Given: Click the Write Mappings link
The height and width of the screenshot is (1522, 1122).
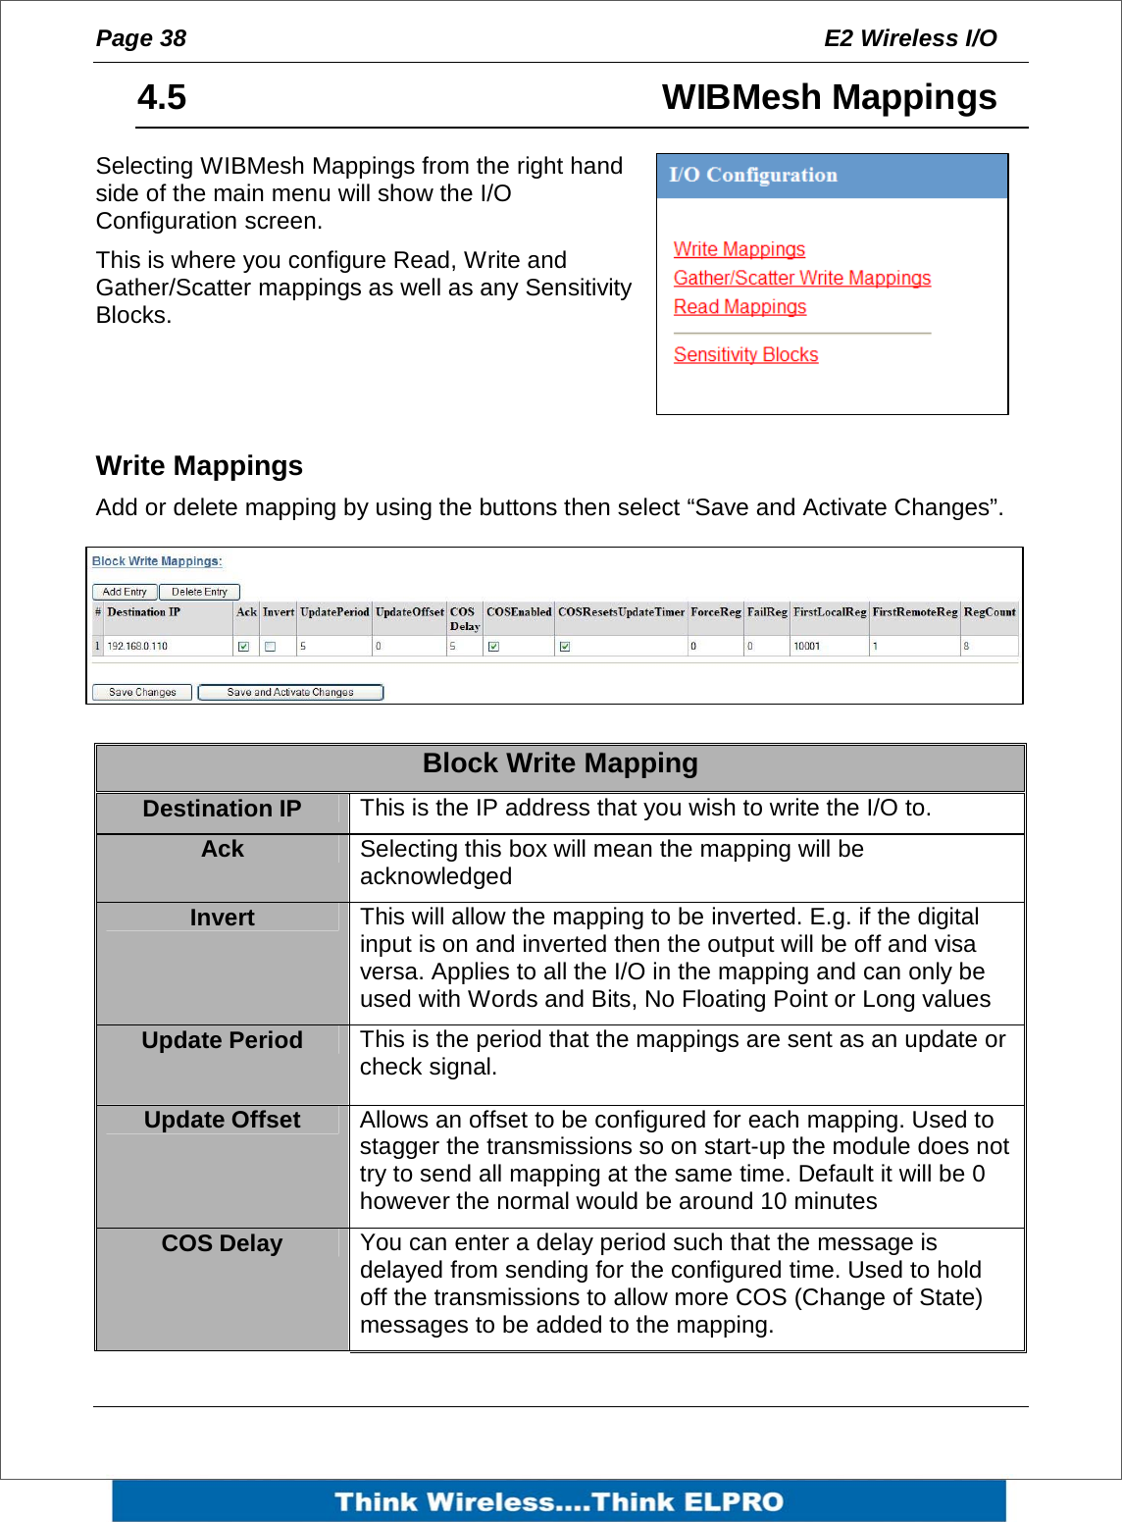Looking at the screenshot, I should point(739,249).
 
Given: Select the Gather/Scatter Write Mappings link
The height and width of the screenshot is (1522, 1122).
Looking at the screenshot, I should point(801,278).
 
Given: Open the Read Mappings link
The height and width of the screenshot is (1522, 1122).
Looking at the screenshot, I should point(739,307).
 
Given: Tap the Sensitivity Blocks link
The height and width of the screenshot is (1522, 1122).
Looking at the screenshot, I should point(745,355).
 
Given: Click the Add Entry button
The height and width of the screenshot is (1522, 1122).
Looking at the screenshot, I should point(125,592).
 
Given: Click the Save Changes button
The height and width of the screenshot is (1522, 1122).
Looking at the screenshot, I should point(142,692).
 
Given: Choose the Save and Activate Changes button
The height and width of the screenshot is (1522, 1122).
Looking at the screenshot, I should point(290,692).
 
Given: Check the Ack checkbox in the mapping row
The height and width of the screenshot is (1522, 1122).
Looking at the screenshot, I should point(243,647).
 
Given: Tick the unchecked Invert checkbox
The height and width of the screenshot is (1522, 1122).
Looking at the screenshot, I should point(271,647).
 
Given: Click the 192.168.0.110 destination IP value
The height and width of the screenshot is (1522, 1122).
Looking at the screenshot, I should point(137,647).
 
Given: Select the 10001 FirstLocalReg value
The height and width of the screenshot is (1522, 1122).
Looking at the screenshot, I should point(806,647).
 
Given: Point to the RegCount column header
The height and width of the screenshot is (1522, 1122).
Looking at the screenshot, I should point(989,612).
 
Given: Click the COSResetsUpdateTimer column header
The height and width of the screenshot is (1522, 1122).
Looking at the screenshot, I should point(621,612).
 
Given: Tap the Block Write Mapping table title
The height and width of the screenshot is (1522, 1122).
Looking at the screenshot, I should point(560,763).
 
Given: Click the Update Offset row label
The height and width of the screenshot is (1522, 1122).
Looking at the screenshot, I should point(222,1120).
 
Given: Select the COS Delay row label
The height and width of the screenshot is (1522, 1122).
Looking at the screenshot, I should point(222,1243).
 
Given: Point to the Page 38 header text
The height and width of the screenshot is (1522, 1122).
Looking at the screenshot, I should point(141,38).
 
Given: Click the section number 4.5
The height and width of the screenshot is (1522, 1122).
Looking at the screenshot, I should point(162,97).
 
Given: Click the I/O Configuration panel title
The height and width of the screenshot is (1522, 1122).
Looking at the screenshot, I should point(753,176).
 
